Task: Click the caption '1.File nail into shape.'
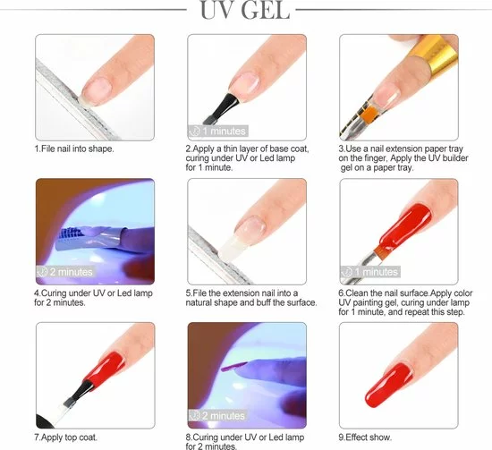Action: [x=74, y=148]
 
